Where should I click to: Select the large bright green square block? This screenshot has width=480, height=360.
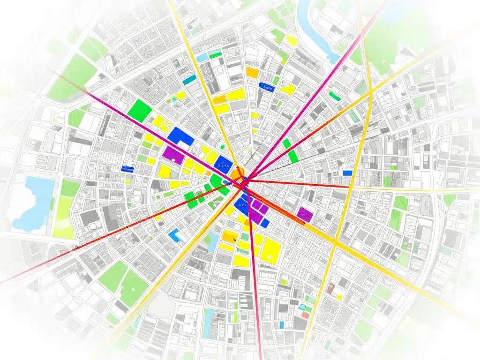[x=140, y=112]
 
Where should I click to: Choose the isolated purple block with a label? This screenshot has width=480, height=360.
[x=305, y=214]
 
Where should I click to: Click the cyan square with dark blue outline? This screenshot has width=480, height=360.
[x=305, y=307]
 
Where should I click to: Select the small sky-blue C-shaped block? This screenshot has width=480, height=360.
[x=176, y=235]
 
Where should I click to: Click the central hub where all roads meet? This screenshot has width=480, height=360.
[x=244, y=180]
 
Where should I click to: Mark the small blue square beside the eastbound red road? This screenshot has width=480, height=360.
[x=347, y=173]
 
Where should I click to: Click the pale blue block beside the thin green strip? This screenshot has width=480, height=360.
[x=202, y=57]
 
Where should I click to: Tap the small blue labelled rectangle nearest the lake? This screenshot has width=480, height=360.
[x=127, y=169]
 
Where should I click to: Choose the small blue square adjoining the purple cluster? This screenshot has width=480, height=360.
[x=265, y=224]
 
